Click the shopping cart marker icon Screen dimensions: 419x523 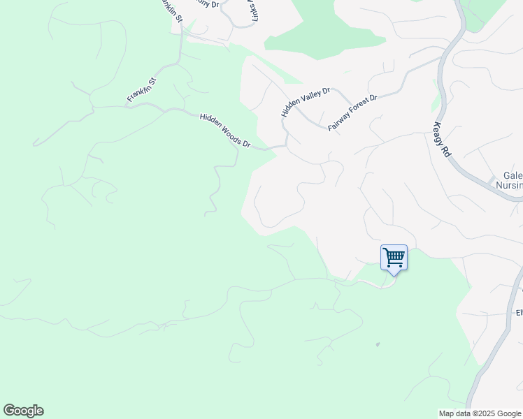[394, 258]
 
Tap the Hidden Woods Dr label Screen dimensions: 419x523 [225, 131]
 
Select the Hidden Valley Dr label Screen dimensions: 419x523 [305, 102]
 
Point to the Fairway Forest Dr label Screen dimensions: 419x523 [353, 112]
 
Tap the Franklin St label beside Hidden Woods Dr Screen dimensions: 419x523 [143, 90]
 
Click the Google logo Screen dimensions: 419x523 [23, 411]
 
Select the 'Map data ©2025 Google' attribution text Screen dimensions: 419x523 [480, 413]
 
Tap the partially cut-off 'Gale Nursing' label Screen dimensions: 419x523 [508, 181]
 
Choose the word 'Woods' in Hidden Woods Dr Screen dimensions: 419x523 [229, 133]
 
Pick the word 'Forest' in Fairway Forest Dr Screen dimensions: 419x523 [359, 108]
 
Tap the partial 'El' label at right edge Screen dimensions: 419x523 [519, 313]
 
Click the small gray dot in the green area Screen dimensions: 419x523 [378, 344]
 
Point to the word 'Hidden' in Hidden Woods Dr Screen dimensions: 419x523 [210, 122]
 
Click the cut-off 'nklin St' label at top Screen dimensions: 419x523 [171, 10]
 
